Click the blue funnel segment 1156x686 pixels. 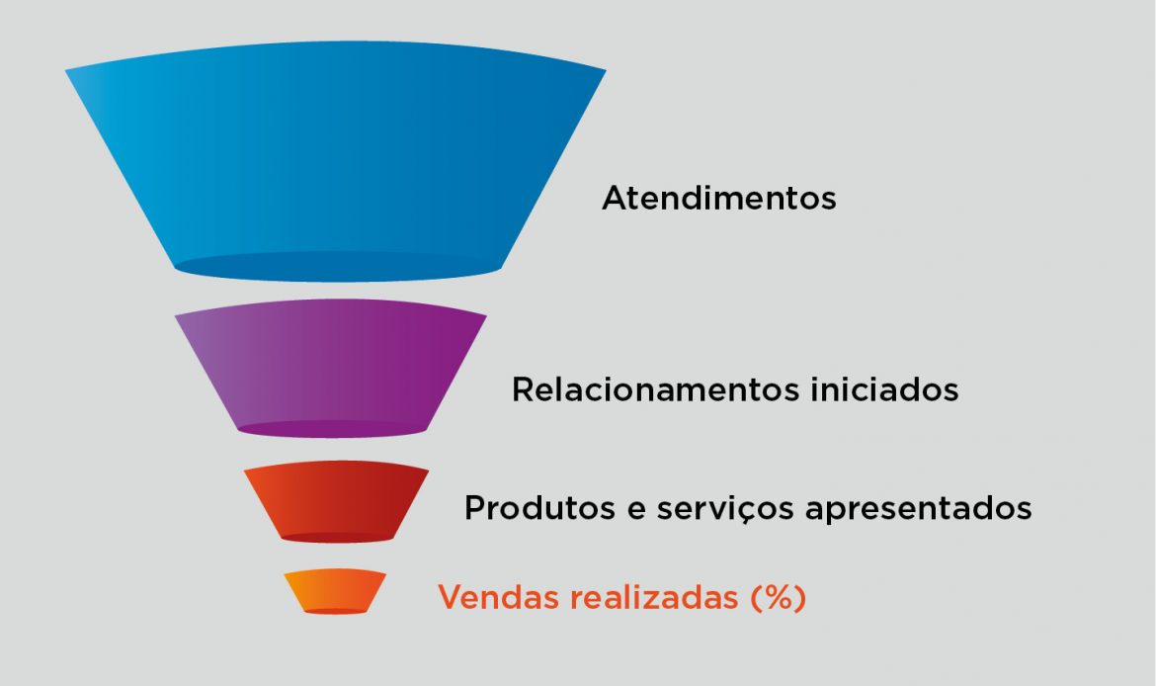coord(336,161)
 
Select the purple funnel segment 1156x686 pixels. coord(330,368)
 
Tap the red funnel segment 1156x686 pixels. coord(336,501)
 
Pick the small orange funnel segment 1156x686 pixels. coord(336,591)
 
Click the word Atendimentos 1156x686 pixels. coord(719,198)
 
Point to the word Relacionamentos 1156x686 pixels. coord(655,389)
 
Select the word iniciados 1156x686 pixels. coord(884,389)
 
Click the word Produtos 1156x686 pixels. coord(539,507)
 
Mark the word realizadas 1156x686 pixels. coord(655,597)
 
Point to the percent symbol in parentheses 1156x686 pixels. coord(778,597)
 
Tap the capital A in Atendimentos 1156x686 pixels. coord(616,198)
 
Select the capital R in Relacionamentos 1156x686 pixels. coord(523,389)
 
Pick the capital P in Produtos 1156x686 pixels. coord(475,507)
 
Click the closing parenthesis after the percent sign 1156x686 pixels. coord(800,598)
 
